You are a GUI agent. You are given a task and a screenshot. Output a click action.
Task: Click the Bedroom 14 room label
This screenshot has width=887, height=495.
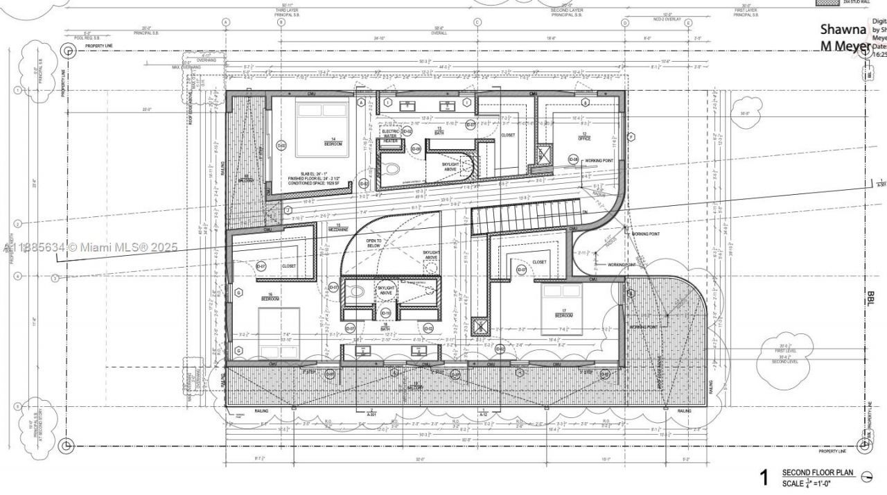click(x=333, y=143)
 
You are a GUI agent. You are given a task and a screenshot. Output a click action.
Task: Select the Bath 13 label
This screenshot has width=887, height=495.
click(x=439, y=130)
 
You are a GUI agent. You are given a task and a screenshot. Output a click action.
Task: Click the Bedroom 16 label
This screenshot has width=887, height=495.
click(x=270, y=297)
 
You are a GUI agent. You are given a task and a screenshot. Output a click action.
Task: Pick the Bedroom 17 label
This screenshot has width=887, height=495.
click(x=563, y=314)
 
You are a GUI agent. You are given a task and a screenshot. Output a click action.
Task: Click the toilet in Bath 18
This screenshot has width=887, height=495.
click(x=355, y=293)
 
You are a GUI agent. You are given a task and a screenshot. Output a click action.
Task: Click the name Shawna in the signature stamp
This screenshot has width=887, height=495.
click(x=843, y=30)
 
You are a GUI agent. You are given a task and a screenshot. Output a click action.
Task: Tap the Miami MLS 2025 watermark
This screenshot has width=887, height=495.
click(x=90, y=247)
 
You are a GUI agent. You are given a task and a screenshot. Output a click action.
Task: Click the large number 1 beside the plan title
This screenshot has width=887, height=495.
click(x=764, y=477)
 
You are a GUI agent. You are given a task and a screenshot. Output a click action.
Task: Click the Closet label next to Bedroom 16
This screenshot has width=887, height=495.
click(x=289, y=266)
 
